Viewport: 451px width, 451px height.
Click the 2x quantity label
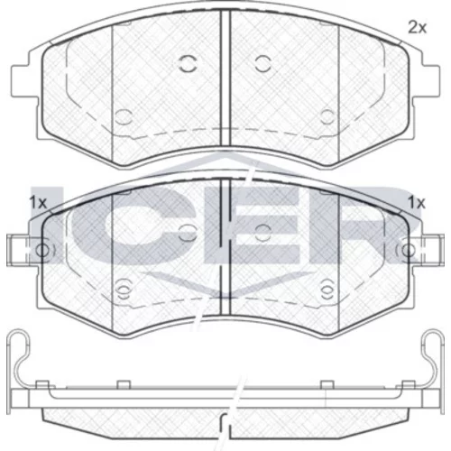coord(417,28)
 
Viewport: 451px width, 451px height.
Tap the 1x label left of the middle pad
coord(38,203)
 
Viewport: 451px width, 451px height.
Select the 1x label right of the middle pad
coord(417,203)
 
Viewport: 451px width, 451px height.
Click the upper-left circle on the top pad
coord(188,64)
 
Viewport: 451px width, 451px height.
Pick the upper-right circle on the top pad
coord(263,64)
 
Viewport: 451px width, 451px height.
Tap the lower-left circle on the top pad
coord(124,117)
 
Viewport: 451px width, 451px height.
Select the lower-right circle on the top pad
coord(327,117)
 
